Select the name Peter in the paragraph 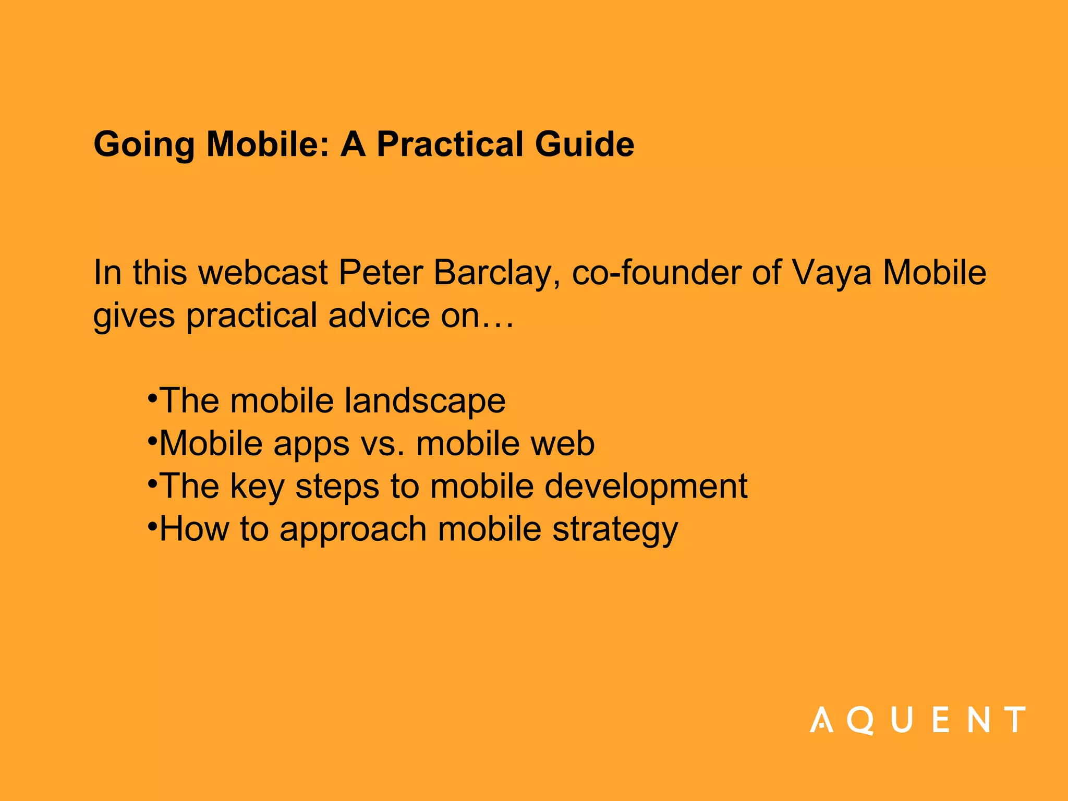click(380, 273)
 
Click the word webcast click(263, 273)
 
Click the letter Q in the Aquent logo click(859, 720)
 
